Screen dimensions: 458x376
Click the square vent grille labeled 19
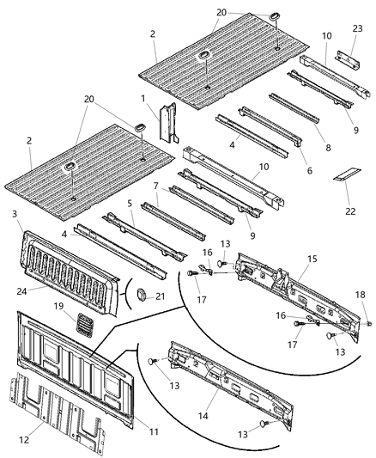[x=83, y=323]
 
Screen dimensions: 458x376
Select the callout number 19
[x=58, y=306]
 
